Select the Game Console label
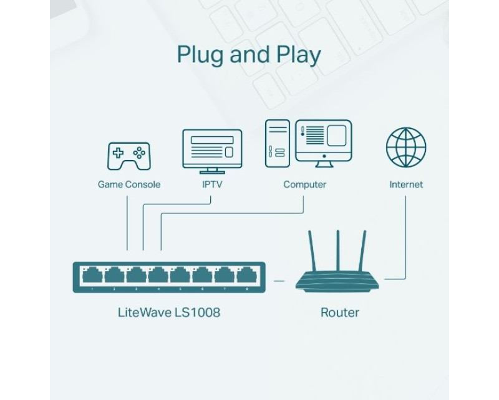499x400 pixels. (x=129, y=184)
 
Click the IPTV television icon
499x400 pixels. (x=212, y=151)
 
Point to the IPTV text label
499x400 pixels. (x=212, y=184)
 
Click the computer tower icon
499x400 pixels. (x=278, y=144)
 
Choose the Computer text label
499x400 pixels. (x=304, y=184)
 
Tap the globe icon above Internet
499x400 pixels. (x=406, y=147)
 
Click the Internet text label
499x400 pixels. (x=406, y=184)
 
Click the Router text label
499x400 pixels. (x=339, y=312)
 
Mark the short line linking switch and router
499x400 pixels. (x=279, y=281)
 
